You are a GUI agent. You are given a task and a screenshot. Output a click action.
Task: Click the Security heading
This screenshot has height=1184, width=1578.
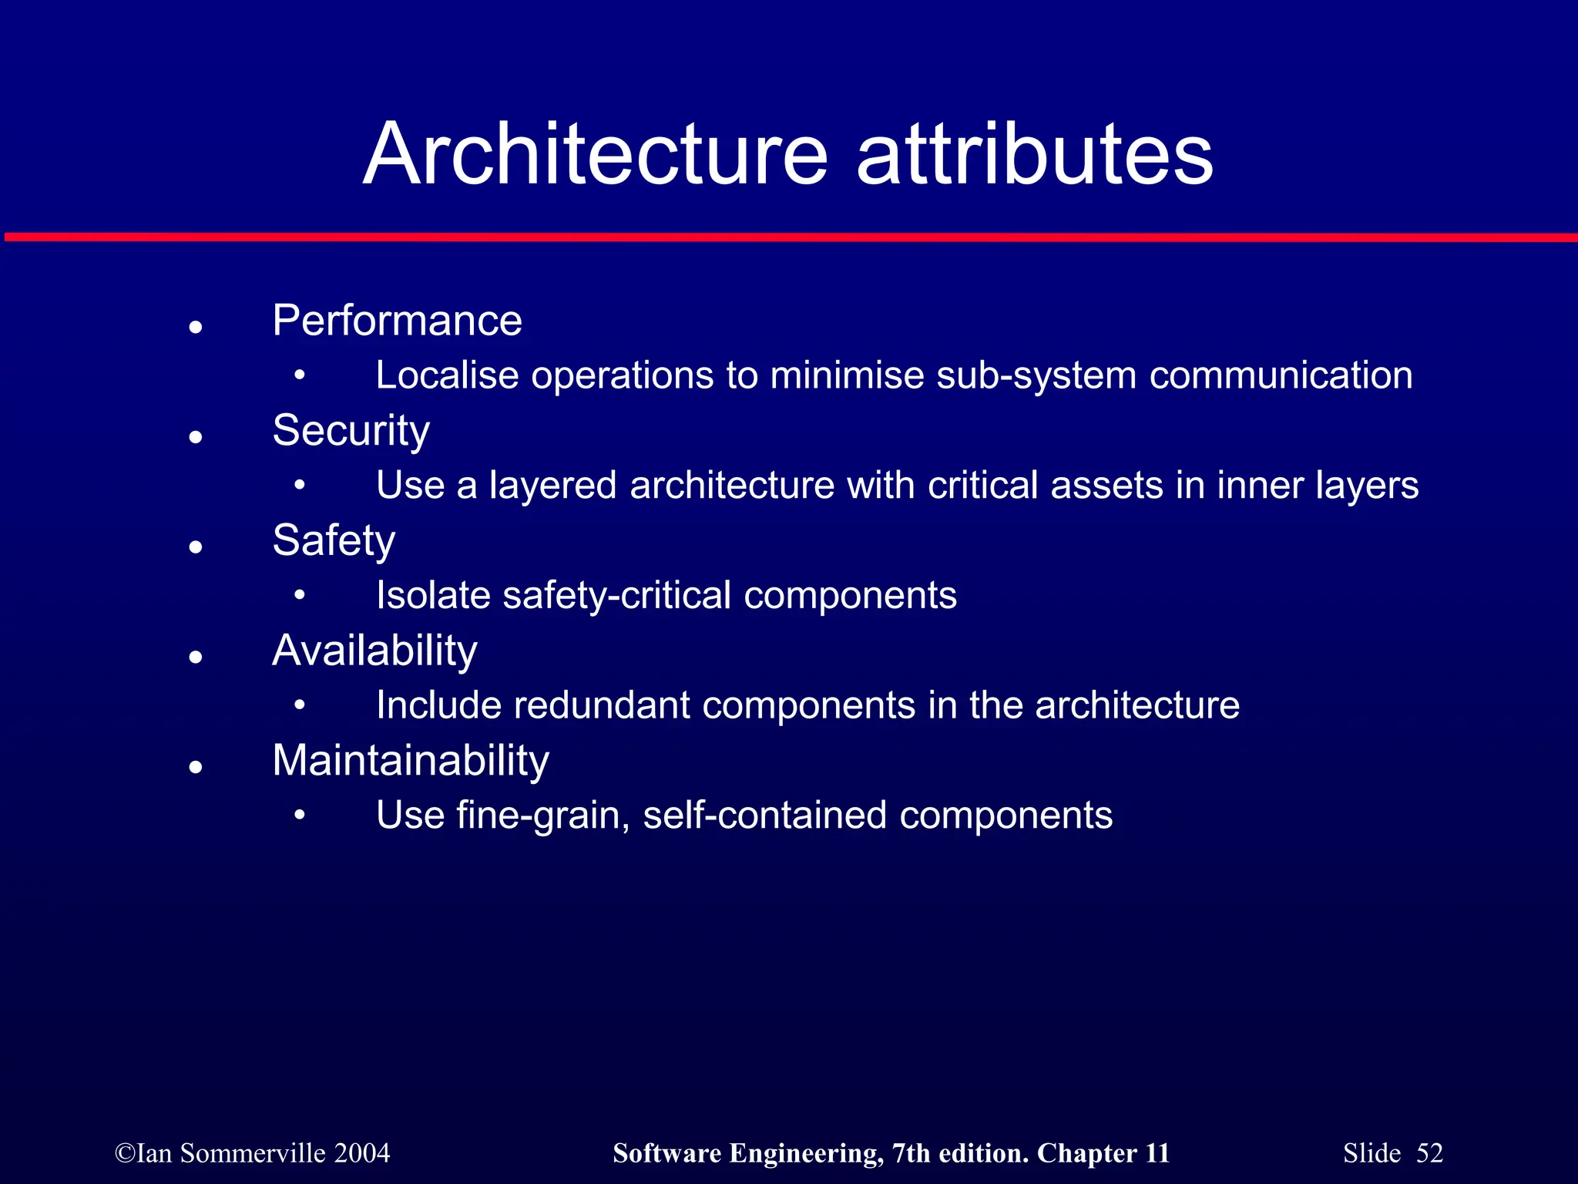click(351, 430)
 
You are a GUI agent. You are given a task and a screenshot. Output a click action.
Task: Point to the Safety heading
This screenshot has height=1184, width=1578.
click(334, 540)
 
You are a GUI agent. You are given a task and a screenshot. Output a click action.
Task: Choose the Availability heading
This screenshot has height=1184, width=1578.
click(374, 651)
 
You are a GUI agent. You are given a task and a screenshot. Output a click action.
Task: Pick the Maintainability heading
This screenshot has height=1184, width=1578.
click(411, 761)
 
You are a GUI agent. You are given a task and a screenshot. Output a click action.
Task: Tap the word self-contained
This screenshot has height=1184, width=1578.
click(764, 816)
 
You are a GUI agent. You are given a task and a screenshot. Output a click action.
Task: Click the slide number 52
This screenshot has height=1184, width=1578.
click(1429, 1153)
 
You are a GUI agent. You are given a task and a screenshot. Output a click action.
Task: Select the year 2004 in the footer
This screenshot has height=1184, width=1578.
click(362, 1153)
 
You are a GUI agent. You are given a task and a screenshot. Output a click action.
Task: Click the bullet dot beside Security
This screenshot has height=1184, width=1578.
click(196, 437)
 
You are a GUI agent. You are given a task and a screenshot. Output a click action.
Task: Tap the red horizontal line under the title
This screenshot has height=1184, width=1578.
click(789, 237)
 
